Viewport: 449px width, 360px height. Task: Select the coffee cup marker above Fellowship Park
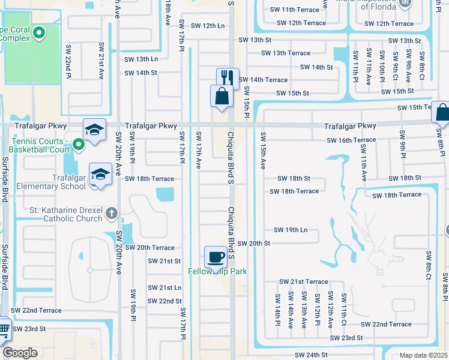coord(216,257)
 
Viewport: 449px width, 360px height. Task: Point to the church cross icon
coord(111,213)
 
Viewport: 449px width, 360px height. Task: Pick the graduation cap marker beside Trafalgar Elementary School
coord(100,175)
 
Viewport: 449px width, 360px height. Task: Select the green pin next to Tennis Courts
coord(78,144)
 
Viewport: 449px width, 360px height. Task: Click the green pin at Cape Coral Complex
coord(40,32)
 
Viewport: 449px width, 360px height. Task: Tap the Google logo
coord(20,353)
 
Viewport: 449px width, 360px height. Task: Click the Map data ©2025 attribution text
coord(423,355)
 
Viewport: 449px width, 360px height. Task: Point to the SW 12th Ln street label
coord(207,26)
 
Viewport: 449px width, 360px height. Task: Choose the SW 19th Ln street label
coord(291,230)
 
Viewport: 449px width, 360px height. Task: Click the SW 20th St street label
coord(253,243)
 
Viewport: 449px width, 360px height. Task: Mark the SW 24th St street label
coord(310,355)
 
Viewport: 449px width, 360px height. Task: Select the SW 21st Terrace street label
coord(303,281)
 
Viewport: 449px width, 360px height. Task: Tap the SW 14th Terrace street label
coord(263,80)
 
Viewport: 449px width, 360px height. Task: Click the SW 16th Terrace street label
coord(351,140)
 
